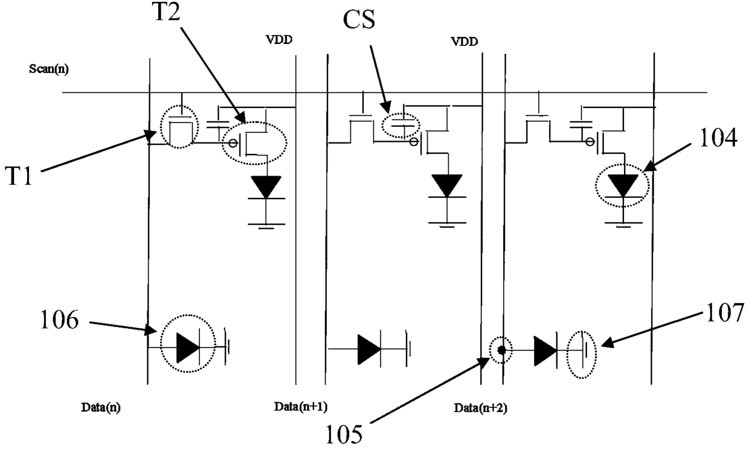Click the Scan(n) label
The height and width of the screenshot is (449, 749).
(x=49, y=69)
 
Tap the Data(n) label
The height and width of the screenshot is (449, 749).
(x=101, y=407)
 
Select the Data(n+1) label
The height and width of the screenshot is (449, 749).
(x=301, y=407)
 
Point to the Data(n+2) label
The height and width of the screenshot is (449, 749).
(x=480, y=407)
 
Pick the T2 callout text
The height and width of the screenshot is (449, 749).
(x=167, y=11)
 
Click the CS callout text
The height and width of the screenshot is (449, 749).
(x=359, y=19)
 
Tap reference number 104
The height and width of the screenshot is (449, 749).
(x=718, y=138)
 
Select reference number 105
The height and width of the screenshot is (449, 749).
(x=344, y=434)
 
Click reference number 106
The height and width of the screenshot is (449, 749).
(x=59, y=320)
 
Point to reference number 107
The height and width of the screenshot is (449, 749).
(x=725, y=313)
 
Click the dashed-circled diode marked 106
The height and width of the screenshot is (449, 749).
(x=188, y=343)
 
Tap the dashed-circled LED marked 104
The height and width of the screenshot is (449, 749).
(x=622, y=185)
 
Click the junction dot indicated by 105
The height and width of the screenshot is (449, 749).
(x=501, y=350)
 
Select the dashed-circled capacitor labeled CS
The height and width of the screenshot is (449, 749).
(x=401, y=126)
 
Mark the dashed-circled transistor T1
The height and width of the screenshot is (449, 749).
(x=179, y=126)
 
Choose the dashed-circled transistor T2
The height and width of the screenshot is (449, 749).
(x=254, y=143)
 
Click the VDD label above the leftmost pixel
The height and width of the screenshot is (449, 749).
(x=279, y=40)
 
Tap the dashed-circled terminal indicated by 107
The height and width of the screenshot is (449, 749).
(x=582, y=354)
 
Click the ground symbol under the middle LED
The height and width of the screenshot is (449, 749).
(x=448, y=224)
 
